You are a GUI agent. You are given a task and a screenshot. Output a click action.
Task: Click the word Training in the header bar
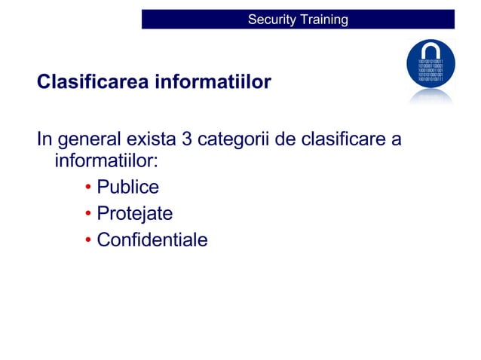[324, 20]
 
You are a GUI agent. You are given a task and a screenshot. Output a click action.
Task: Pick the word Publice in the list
[127, 188]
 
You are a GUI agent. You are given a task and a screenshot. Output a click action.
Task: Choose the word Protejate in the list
[134, 215]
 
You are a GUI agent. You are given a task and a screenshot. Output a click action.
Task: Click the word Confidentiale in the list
[152, 241]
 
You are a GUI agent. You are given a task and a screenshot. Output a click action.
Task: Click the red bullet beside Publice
[88, 188]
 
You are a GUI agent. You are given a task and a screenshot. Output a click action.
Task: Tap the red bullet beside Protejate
[88, 215]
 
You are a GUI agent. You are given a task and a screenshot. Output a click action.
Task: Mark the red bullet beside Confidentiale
[88, 241]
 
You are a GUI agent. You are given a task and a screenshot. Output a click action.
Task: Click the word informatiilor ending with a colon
[106, 162]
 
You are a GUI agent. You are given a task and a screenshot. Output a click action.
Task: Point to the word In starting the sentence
[44, 140]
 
